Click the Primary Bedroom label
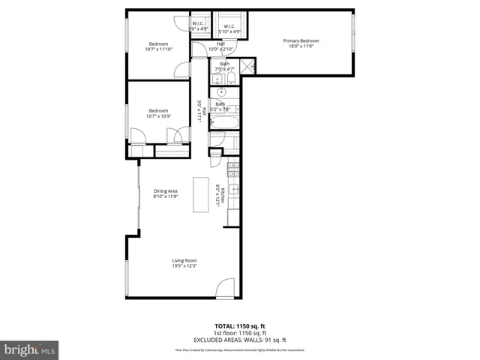pyautogui.click(x=301, y=40)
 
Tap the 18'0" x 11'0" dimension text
pyautogui.click(x=301, y=46)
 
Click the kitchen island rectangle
pyautogui.click(x=201, y=194)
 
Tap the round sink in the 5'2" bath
pyautogui.click(x=221, y=93)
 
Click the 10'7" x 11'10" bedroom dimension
pyautogui.click(x=157, y=49)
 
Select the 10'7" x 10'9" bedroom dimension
pyautogui.click(x=157, y=116)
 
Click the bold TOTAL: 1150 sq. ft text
pyautogui.click(x=239, y=326)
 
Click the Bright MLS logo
pyautogui.click(x=29, y=349)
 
